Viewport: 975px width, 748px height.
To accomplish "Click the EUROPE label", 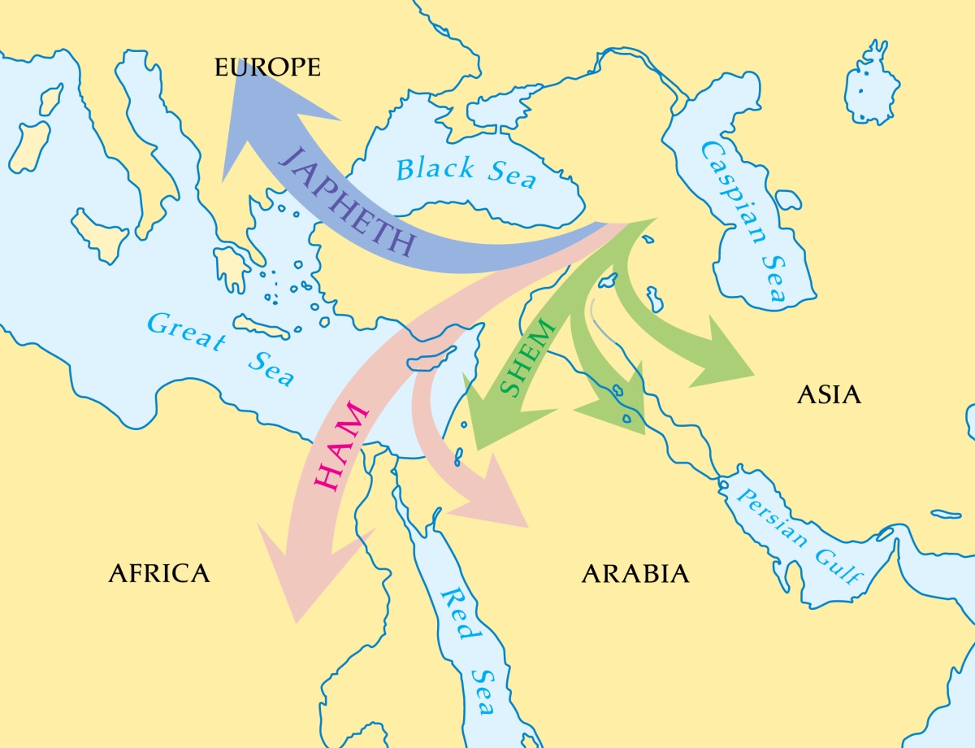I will [x=267, y=67].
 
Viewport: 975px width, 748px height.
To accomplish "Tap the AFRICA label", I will [x=159, y=573].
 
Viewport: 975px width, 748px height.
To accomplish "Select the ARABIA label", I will [x=635, y=574].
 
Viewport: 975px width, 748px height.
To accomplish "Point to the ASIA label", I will [x=828, y=395].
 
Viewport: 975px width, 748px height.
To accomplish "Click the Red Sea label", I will [x=468, y=650].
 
